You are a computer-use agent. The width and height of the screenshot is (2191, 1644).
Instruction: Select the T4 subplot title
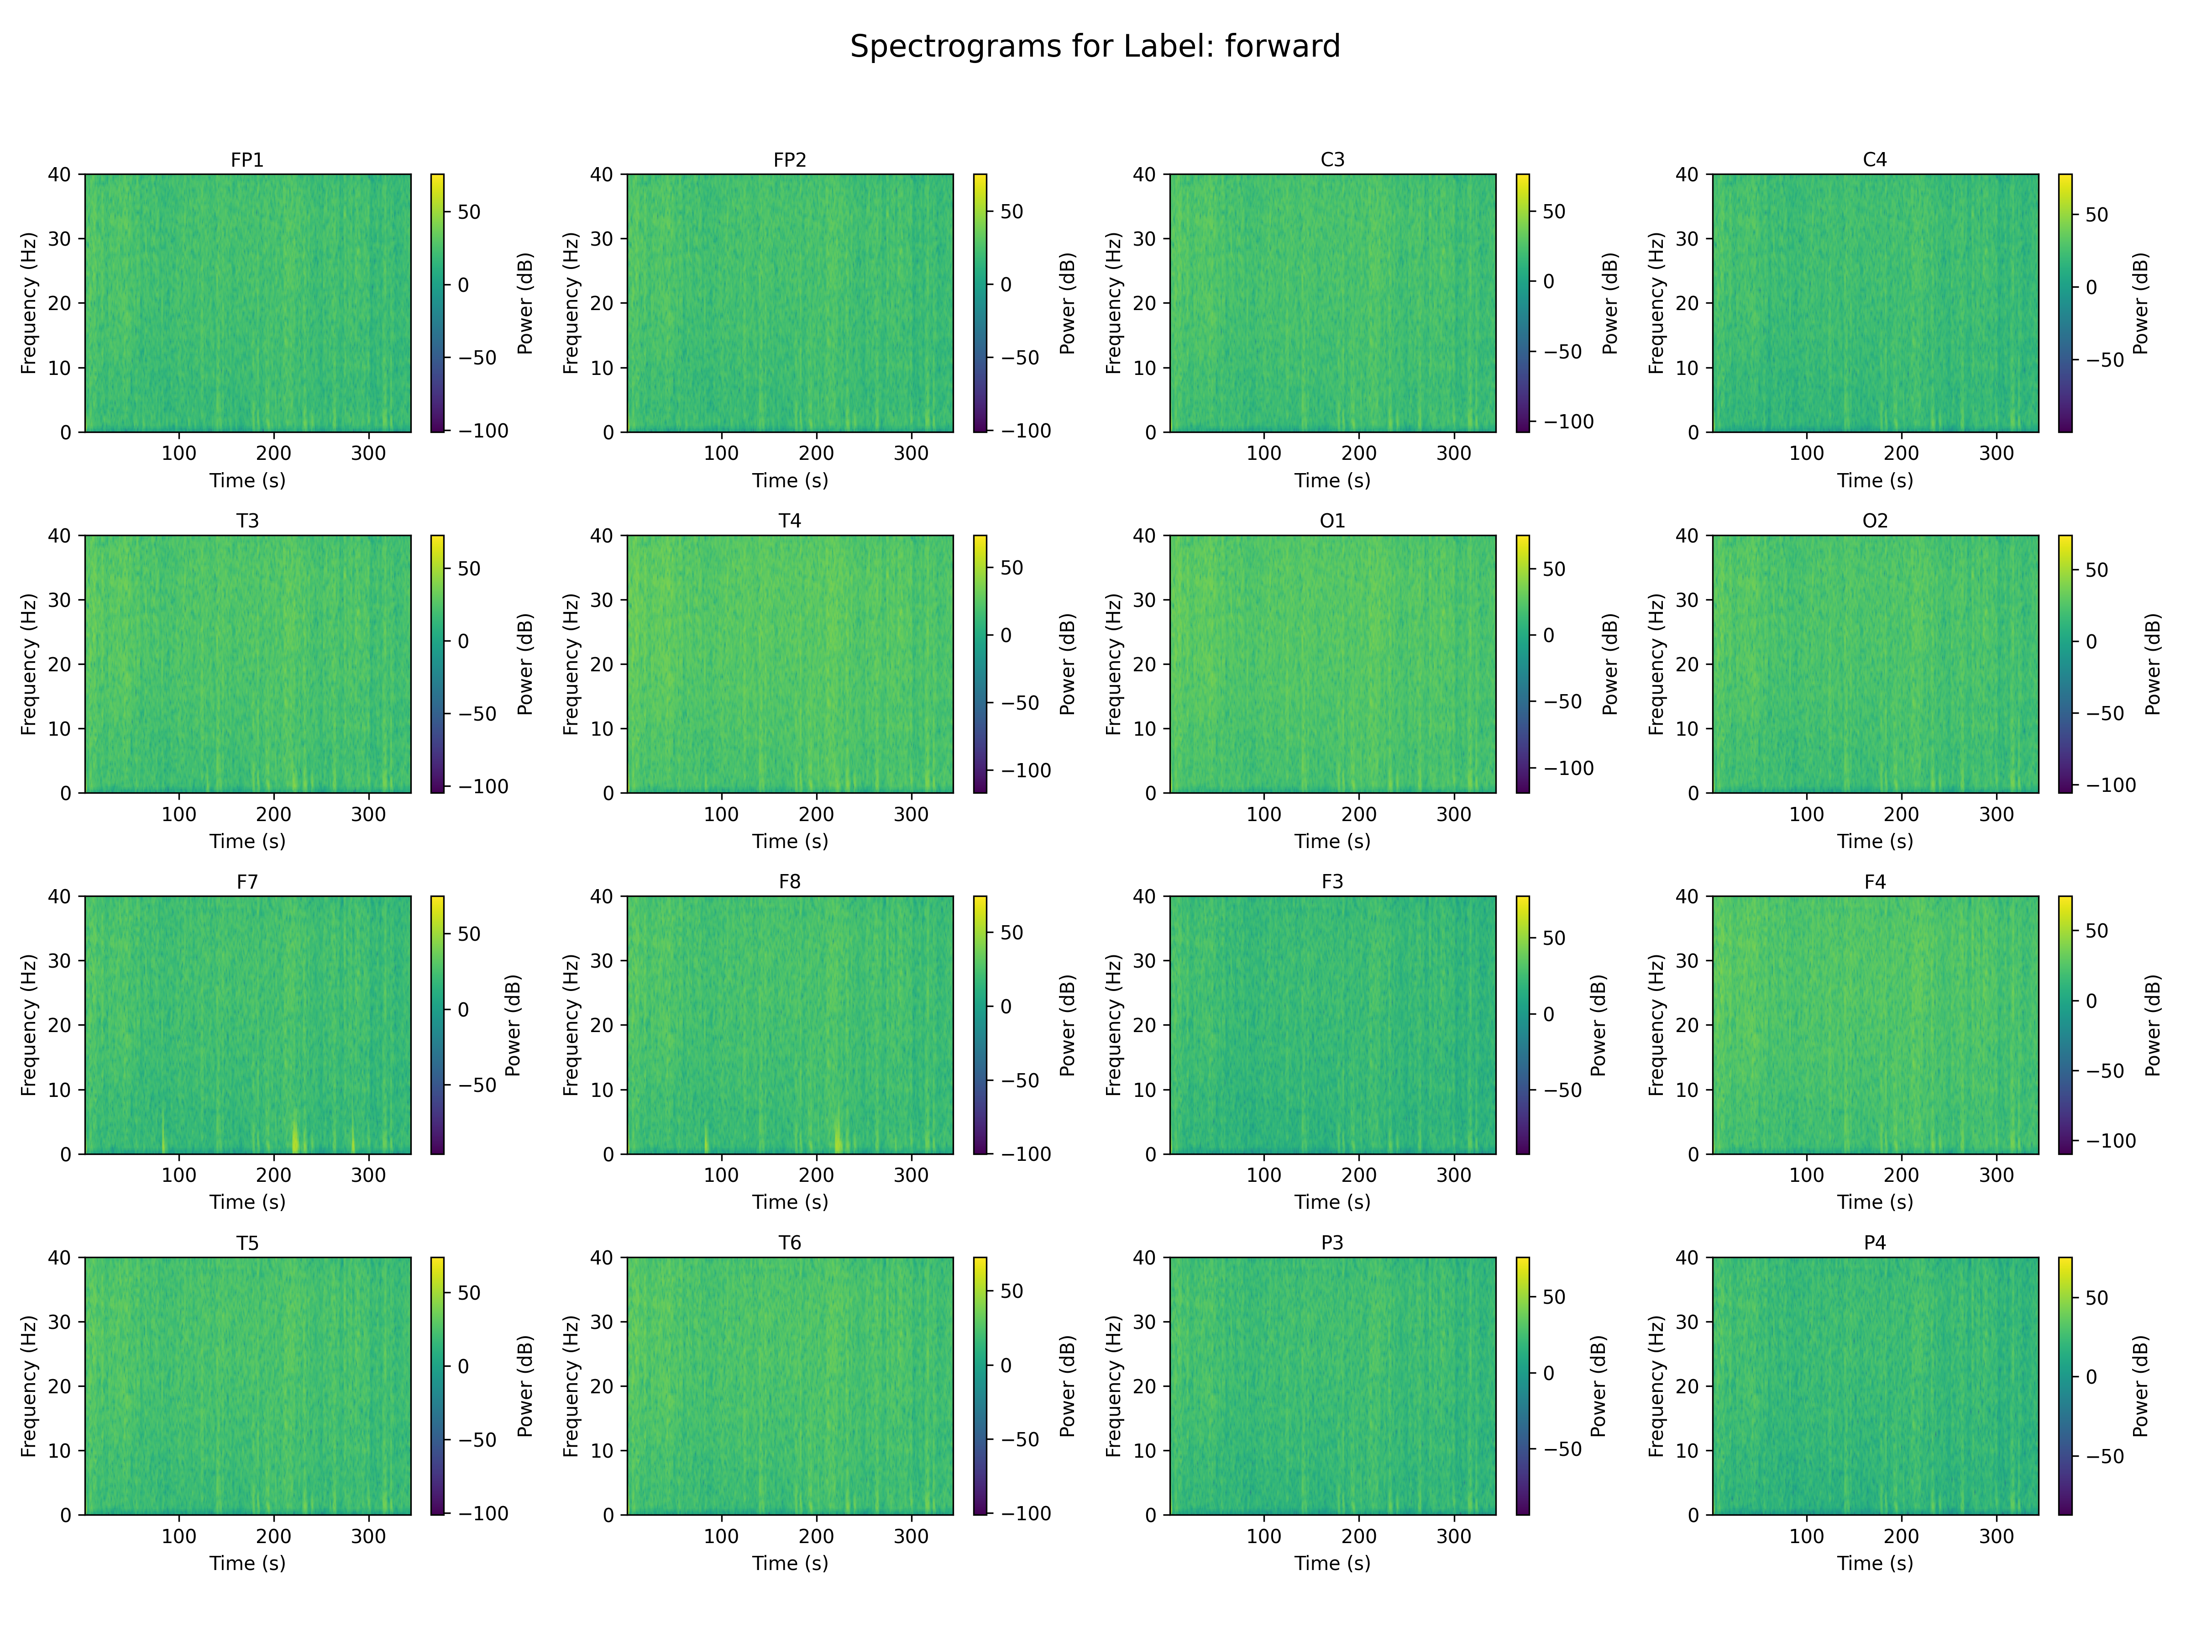click(789, 520)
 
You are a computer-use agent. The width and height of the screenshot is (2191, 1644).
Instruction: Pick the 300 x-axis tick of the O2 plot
click(1996, 815)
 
